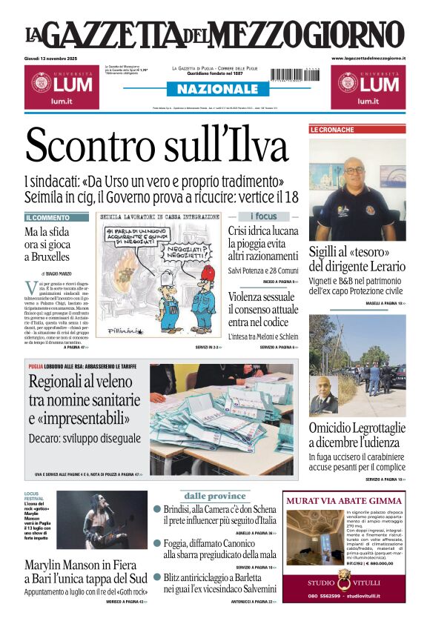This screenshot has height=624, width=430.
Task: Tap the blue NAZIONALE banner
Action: [214, 89]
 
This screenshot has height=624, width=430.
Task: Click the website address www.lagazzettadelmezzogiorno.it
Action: [368, 58]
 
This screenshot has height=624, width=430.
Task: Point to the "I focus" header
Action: [262, 216]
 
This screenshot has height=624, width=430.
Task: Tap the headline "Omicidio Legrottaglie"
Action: [357, 434]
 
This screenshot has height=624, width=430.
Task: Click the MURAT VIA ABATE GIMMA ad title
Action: [343, 500]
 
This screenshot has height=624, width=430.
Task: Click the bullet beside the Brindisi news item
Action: [157, 509]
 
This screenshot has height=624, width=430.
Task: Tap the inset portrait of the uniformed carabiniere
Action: [323, 396]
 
